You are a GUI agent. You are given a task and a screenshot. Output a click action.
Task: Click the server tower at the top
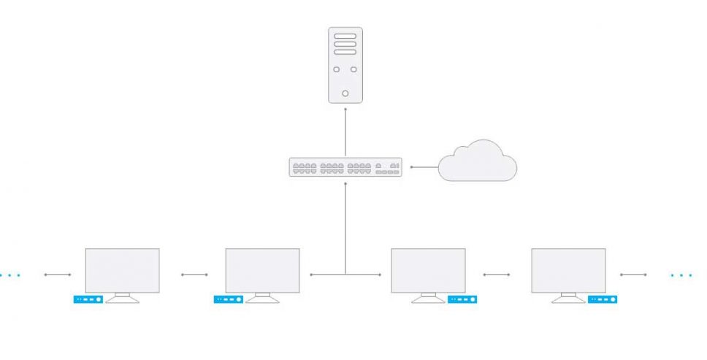coord(345,64)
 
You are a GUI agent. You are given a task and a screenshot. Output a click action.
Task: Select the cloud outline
coord(478,162)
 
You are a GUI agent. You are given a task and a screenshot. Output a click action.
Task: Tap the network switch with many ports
coord(345,167)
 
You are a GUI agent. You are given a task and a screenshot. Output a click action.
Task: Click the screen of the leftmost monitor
coord(122,270)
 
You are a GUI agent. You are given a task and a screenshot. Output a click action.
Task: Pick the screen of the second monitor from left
coord(262,270)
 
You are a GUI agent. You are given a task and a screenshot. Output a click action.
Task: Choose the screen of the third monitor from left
coord(428,270)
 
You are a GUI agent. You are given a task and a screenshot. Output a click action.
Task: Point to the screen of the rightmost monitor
coord(568,270)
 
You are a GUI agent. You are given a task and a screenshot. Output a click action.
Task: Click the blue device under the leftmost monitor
coord(88,299)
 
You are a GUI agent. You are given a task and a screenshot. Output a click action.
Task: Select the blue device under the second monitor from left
coord(228,299)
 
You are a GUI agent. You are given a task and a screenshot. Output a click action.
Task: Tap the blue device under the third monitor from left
coord(462,299)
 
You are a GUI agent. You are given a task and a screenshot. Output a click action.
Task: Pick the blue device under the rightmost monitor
coord(603,299)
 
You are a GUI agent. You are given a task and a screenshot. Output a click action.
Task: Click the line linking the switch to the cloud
coord(424,167)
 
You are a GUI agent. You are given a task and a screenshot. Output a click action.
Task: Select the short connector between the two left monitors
coord(194,275)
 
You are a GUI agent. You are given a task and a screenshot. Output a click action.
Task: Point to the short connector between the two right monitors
coord(497,275)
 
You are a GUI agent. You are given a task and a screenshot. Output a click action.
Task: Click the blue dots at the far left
coord(9,275)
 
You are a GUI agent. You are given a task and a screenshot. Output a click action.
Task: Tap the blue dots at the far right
coord(681,275)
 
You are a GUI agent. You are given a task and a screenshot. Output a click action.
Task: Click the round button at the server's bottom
coord(345,93)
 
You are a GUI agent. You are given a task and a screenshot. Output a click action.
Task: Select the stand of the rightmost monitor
coord(568,297)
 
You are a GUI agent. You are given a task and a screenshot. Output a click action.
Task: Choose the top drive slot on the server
coord(345,36)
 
